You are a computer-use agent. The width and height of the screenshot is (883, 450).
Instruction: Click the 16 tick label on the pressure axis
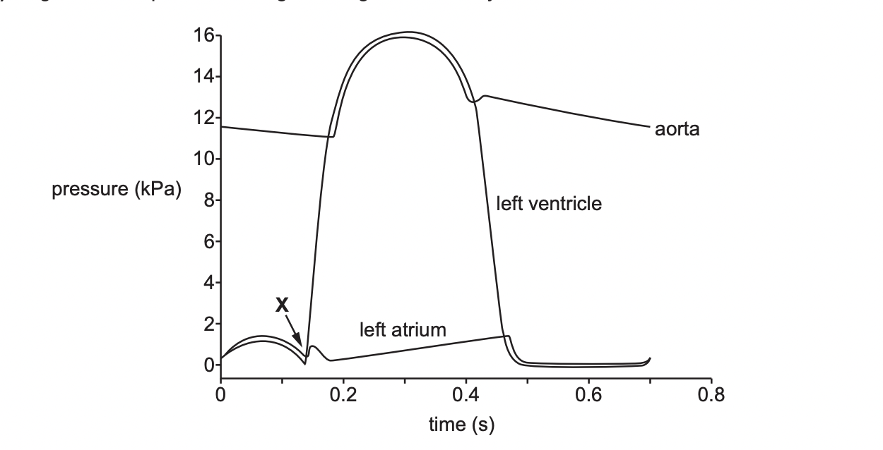click(202, 35)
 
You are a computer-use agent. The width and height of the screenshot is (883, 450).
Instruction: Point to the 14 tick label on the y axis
click(202, 76)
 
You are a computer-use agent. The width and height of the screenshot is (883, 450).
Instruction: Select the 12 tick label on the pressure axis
click(202, 118)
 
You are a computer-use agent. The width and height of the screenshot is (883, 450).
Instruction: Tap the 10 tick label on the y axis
click(202, 159)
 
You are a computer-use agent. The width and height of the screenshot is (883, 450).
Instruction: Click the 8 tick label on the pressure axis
click(208, 201)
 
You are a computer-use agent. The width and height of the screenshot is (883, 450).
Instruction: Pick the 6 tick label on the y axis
click(208, 242)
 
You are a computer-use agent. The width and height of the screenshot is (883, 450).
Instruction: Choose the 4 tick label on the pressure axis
click(208, 284)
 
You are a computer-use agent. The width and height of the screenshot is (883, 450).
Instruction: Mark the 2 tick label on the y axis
click(208, 324)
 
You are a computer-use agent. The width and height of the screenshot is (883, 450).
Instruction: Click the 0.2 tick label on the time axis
click(343, 394)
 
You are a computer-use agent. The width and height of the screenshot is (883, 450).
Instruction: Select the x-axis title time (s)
click(462, 425)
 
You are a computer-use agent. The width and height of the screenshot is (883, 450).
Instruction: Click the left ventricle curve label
click(549, 205)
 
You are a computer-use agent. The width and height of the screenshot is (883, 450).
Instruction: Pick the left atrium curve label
click(403, 329)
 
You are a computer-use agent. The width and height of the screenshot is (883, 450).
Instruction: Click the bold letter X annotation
click(282, 305)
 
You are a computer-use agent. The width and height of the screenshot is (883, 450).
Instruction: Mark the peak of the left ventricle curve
click(404, 37)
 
